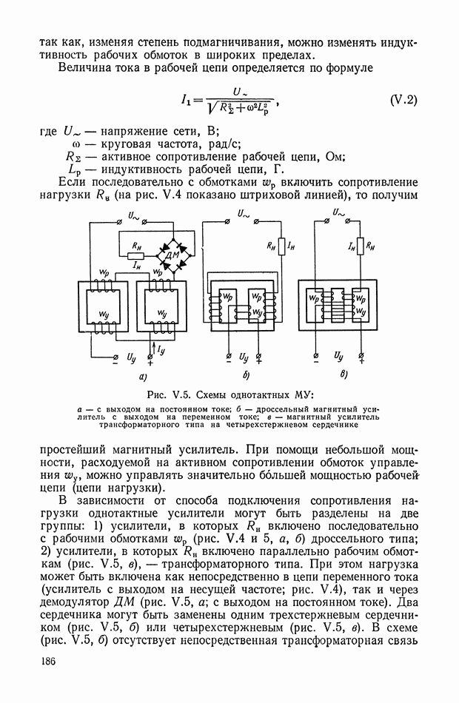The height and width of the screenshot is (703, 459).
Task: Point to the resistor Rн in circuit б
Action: click(272, 243)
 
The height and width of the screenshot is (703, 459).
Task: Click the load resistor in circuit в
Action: click(361, 243)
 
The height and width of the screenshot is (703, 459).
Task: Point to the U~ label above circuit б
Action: click(243, 213)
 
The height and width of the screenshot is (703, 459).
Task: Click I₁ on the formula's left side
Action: click(184, 99)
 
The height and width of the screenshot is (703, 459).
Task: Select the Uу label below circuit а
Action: click(133, 359)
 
